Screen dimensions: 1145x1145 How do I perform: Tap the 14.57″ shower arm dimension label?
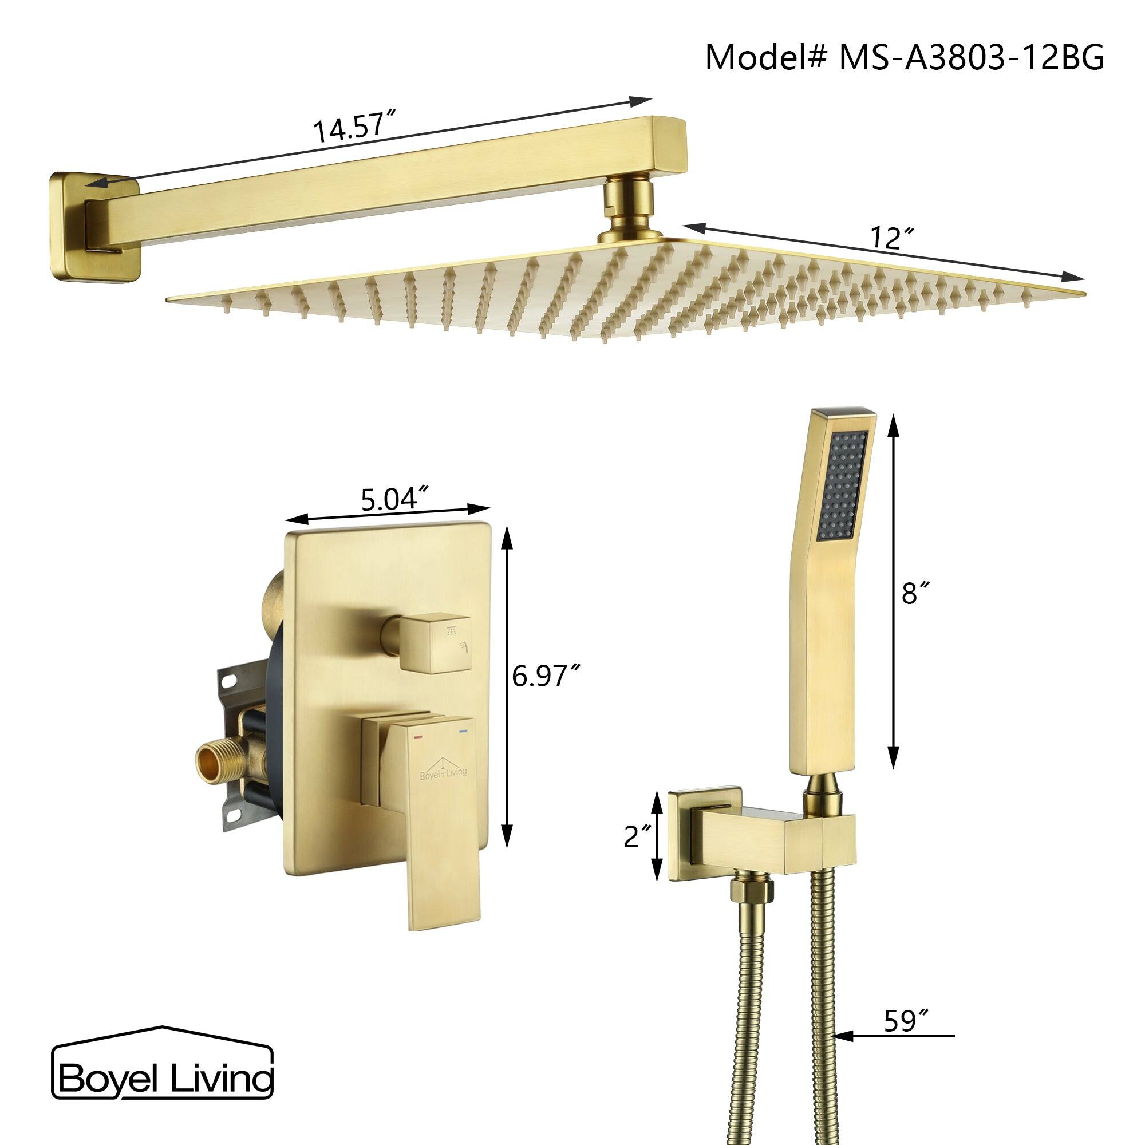pyautogui.click(x=354, y=129)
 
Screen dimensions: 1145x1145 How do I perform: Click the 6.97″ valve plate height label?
pyautogui.click(x=544, y=676)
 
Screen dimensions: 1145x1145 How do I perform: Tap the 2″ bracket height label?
pyautogui.click(x=637, y=838)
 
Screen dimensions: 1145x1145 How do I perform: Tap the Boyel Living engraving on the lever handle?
pyautogui.click(x=443, y=771)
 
